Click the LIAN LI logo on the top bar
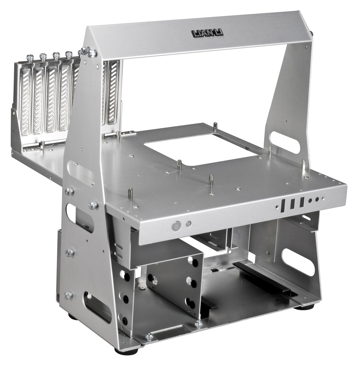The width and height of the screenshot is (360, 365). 207,33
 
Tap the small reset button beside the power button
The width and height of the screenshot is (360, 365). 189,224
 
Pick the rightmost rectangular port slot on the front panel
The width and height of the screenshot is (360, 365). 302,202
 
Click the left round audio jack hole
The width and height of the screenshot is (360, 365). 310,200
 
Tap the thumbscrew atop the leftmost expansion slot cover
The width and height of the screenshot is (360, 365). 30,58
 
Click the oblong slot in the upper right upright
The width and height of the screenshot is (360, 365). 284,142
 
